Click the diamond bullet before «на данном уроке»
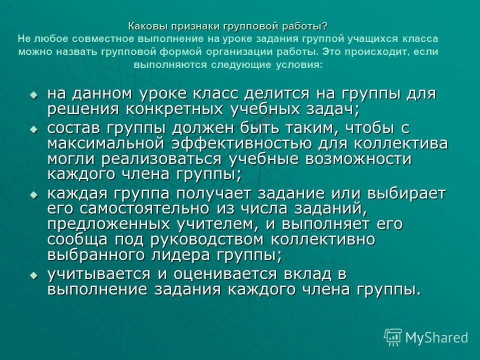(33, 94)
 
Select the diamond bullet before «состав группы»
(33, 128)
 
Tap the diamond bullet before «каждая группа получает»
(33, 194)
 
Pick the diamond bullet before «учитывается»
(33, 274)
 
